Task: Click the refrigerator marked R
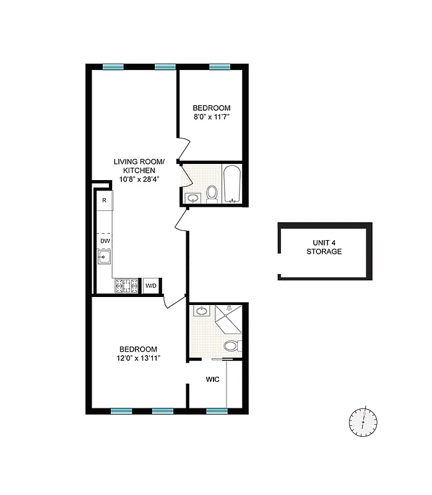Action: pos(104,200)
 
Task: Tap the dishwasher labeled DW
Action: pos(104,241)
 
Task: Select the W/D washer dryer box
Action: pos(151,285)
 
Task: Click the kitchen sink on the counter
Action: pos(104,258)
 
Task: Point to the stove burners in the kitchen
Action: pos(126,285)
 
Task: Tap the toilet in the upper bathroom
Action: pos(212,194)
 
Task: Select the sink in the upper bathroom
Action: pos(193,199)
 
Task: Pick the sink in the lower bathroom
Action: pos(202,311)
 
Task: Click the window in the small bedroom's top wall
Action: pos(218,67)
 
